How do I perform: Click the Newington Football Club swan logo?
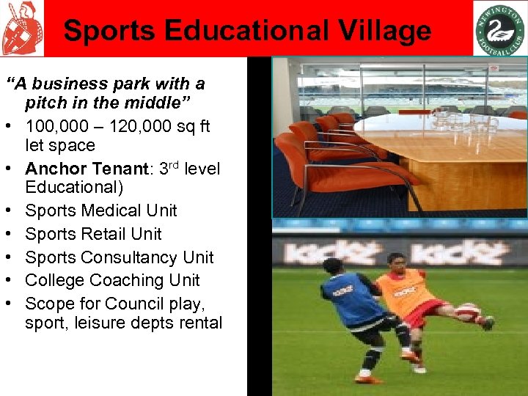(499, 28)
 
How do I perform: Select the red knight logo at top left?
(21, 28)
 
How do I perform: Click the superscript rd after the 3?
(172, 163)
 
